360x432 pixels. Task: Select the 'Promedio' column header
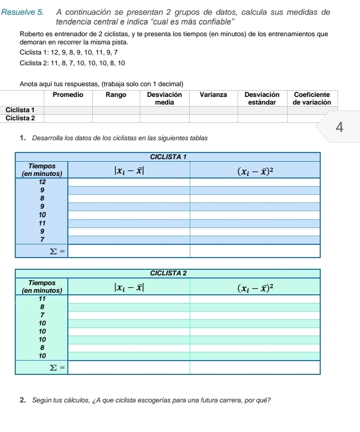(x=68, y=94)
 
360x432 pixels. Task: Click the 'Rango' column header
(x=116, y=94)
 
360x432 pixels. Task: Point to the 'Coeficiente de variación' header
(x=312, y=98)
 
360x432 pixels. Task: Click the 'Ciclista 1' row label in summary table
(x=20, y=110)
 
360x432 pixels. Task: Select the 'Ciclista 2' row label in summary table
(x=20, y=118)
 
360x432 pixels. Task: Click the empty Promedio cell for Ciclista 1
(x=68, y=110)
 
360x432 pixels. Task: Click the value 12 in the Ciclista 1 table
(x=42, y=182)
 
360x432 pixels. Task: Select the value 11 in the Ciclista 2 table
(x=42, y=298)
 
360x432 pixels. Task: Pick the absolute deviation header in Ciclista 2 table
(x=129, y=286)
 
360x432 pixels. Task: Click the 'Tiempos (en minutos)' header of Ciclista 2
(x=42, y=286)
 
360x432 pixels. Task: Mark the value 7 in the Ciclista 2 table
(x=42, y=315)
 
